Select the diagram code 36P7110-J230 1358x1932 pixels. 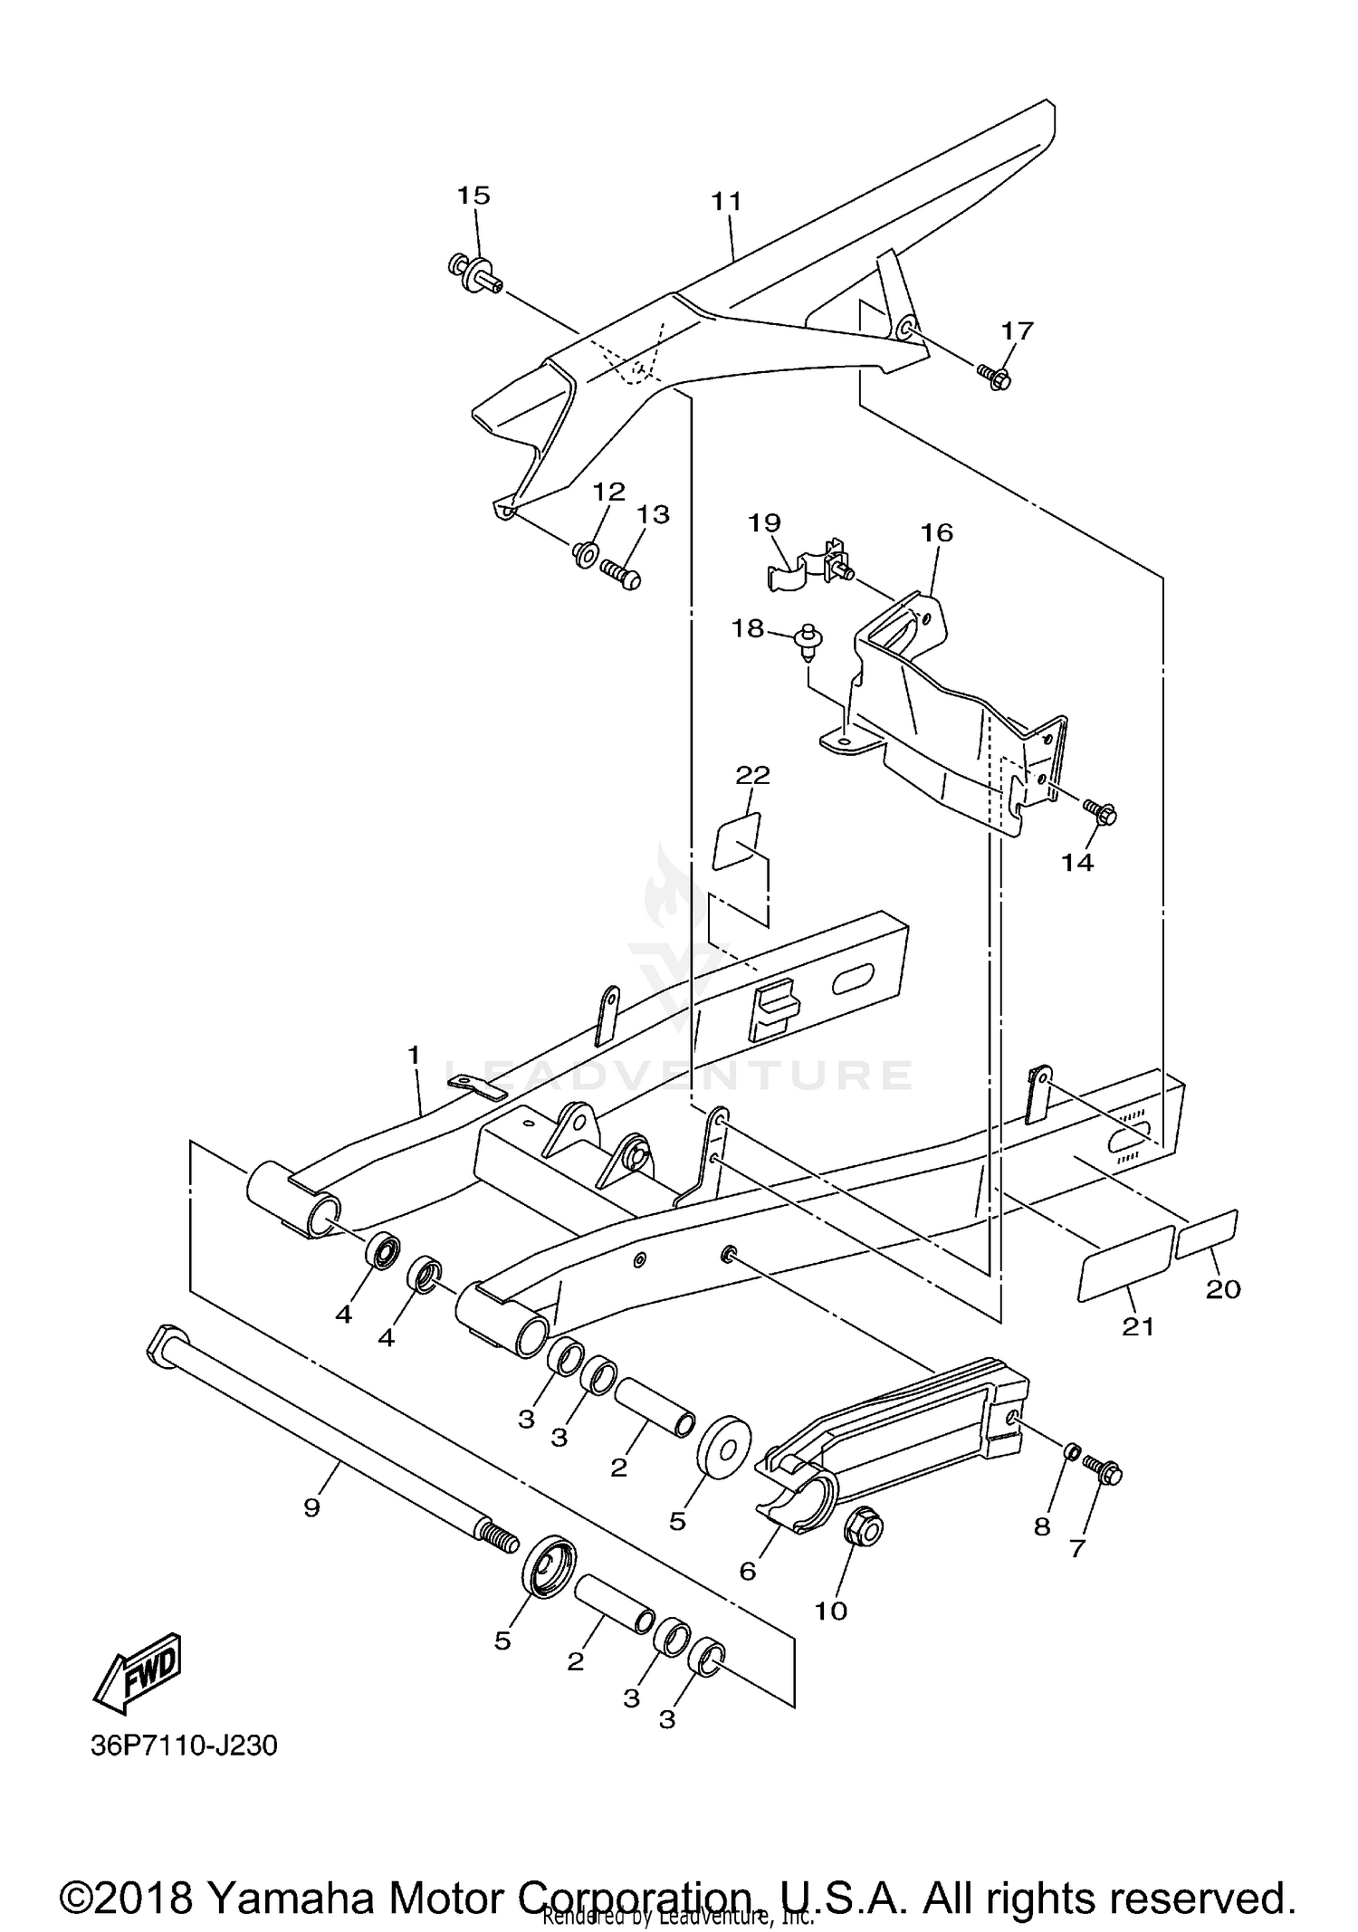pos(183,1745)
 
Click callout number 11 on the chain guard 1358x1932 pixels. pos(725,201)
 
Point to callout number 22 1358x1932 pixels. pos(752,775)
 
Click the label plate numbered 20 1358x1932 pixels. pos(1205,1235)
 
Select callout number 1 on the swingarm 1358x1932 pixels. pos(414,1055)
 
